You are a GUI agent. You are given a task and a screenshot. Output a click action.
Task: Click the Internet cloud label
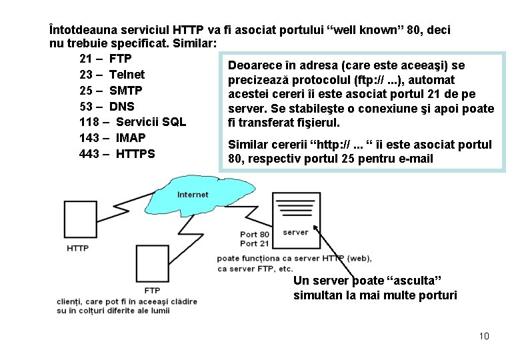pos(193,195)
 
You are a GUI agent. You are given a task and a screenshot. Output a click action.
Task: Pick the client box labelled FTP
pos(151,263)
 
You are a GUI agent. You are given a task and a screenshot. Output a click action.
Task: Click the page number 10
pos(483,336)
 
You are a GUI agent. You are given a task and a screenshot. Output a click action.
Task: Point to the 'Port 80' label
pos(255,234)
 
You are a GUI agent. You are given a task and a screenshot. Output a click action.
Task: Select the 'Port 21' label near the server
pos(255,243)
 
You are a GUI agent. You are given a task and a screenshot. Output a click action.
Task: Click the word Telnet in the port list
pos(127,74)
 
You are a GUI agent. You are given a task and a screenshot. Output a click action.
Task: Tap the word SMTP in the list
pos(125,90)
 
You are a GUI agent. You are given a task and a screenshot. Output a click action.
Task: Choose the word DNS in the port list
pos(121,106)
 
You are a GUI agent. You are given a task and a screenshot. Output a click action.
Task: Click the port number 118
pos(89,122)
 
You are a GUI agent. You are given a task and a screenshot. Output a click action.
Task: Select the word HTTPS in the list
pos(135,154)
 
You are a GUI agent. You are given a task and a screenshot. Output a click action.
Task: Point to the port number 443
pos(89,154)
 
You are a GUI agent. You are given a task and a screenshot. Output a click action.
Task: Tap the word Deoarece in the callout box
pos(254,65)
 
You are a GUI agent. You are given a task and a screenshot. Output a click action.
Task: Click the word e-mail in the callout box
pos(414,159)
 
